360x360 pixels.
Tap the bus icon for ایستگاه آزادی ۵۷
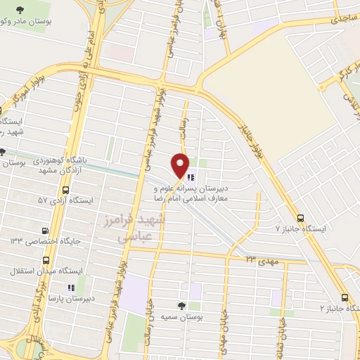[66, 191]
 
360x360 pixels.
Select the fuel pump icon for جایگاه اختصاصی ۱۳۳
[46, 230]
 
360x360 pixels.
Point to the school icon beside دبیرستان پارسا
[70, 287]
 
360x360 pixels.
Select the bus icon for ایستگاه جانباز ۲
[345, 297]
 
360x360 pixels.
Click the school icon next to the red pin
[191, 177]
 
